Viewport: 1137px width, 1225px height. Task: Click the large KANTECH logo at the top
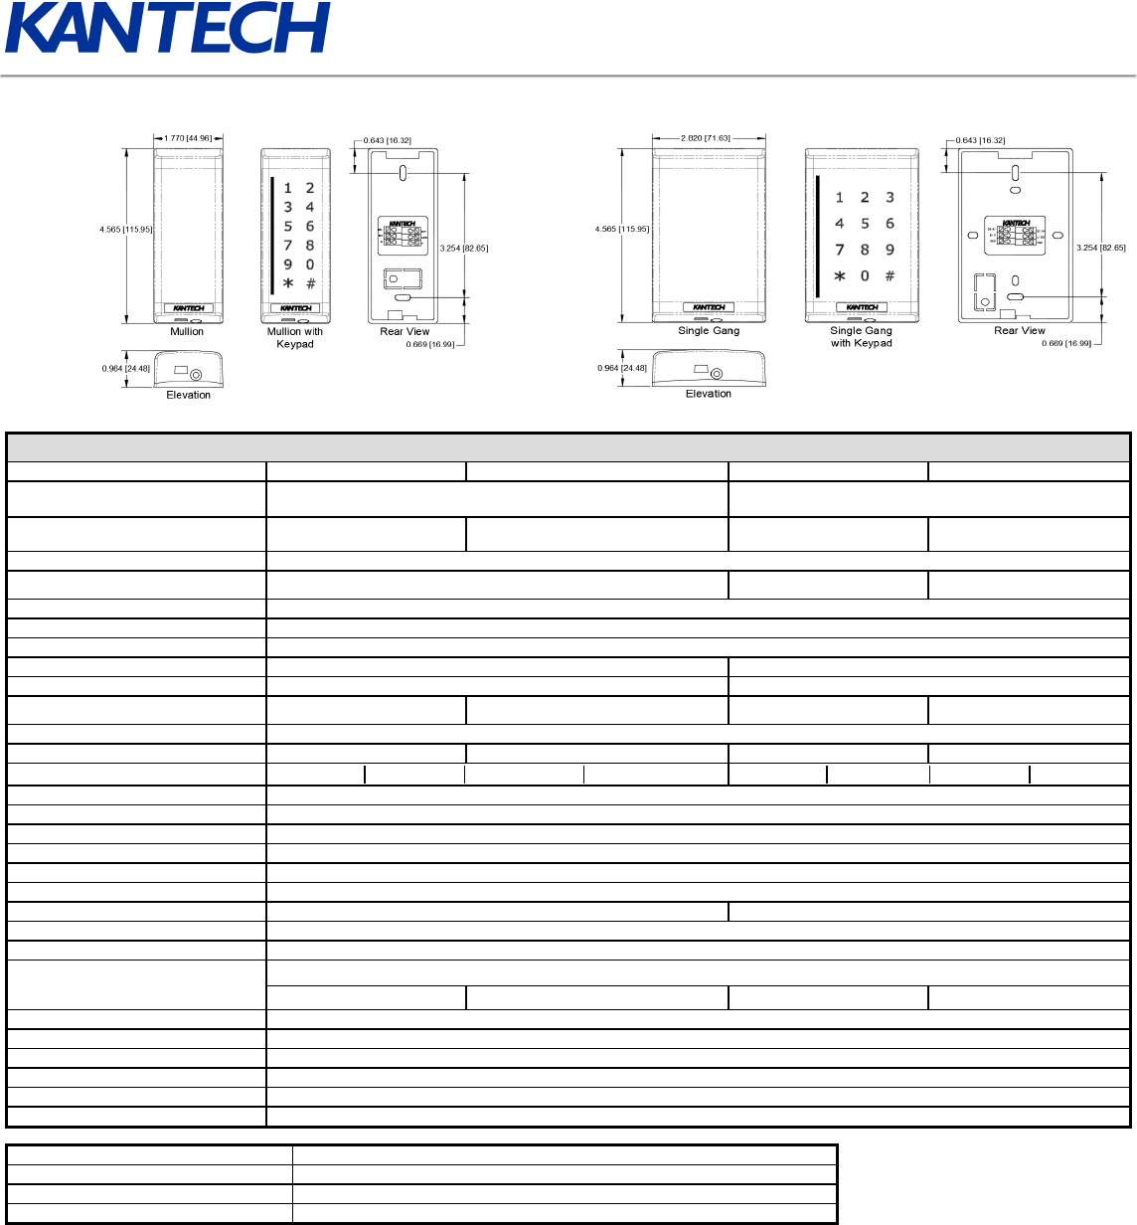point(167,28)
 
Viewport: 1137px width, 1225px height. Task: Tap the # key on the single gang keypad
point(890,275)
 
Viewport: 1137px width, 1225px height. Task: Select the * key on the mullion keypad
point(288,283)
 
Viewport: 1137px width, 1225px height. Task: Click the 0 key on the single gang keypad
point(865,275)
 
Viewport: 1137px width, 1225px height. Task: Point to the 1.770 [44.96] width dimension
point(188,139)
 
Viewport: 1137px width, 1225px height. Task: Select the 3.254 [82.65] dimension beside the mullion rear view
point(464,249)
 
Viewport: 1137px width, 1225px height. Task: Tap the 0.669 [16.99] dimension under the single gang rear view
point(1066,343)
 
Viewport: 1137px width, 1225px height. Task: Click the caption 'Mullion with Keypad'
point(295,338)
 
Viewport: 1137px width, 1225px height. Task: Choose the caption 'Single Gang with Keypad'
point(862,337)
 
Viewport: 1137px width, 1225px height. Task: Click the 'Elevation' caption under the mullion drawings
point(189,395)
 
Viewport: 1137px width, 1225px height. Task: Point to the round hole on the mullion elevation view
point(196,375)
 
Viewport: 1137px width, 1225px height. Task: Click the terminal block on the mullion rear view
point(403,233)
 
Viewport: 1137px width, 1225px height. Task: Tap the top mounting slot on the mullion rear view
point(403,173)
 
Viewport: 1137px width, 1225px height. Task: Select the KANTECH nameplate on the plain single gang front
point(709,307)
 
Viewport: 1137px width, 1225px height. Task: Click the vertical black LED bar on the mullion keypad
point(272,236)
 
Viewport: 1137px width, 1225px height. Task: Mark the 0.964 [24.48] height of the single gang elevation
point(622,368)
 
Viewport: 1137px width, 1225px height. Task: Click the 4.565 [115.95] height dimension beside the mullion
point(126,230)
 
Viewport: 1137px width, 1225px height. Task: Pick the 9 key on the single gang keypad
point(890,250)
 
